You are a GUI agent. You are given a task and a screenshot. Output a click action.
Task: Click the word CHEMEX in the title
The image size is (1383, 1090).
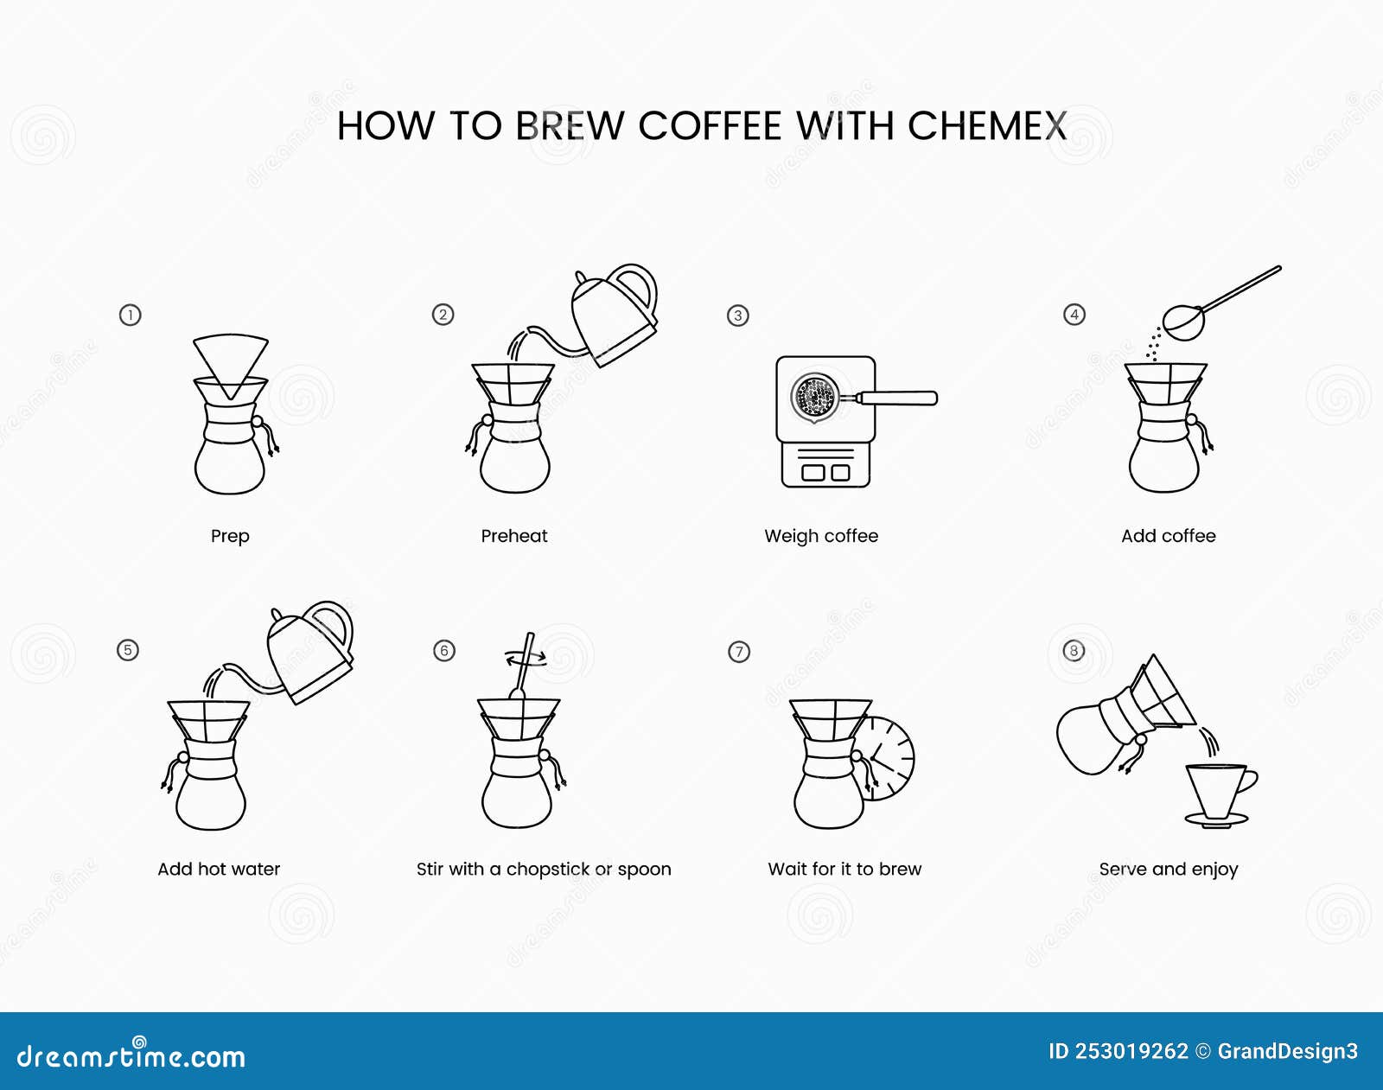[986, 126]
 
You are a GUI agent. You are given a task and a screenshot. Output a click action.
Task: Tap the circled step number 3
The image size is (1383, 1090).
[737, 316]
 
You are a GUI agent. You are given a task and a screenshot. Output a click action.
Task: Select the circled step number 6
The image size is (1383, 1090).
[444, 650]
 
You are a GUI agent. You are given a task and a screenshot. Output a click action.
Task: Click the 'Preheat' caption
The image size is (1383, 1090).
[514, 536]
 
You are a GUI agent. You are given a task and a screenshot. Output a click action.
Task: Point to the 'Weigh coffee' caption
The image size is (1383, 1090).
[821, 536]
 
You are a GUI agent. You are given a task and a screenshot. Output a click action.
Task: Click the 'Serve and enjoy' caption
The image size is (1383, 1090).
[1169, 869]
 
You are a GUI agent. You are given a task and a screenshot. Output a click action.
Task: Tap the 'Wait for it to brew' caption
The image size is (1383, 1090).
[844, 869]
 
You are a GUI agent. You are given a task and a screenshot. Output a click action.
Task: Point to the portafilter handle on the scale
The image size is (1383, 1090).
[899, 398]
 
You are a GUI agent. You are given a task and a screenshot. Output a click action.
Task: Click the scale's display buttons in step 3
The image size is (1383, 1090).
[825, 472]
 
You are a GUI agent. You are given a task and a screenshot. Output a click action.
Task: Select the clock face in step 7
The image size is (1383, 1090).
[890, 759]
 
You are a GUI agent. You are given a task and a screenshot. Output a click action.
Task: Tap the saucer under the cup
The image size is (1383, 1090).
[1216, 820]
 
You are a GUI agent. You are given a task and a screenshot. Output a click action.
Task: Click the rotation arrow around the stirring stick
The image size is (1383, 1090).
[526, 659]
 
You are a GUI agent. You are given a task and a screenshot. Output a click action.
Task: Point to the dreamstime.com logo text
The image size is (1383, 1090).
[131, 1056]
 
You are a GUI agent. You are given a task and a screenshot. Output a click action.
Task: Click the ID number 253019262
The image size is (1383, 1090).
[1131, 1052]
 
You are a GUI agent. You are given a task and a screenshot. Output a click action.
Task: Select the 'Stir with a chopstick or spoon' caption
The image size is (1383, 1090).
[544, 869]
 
